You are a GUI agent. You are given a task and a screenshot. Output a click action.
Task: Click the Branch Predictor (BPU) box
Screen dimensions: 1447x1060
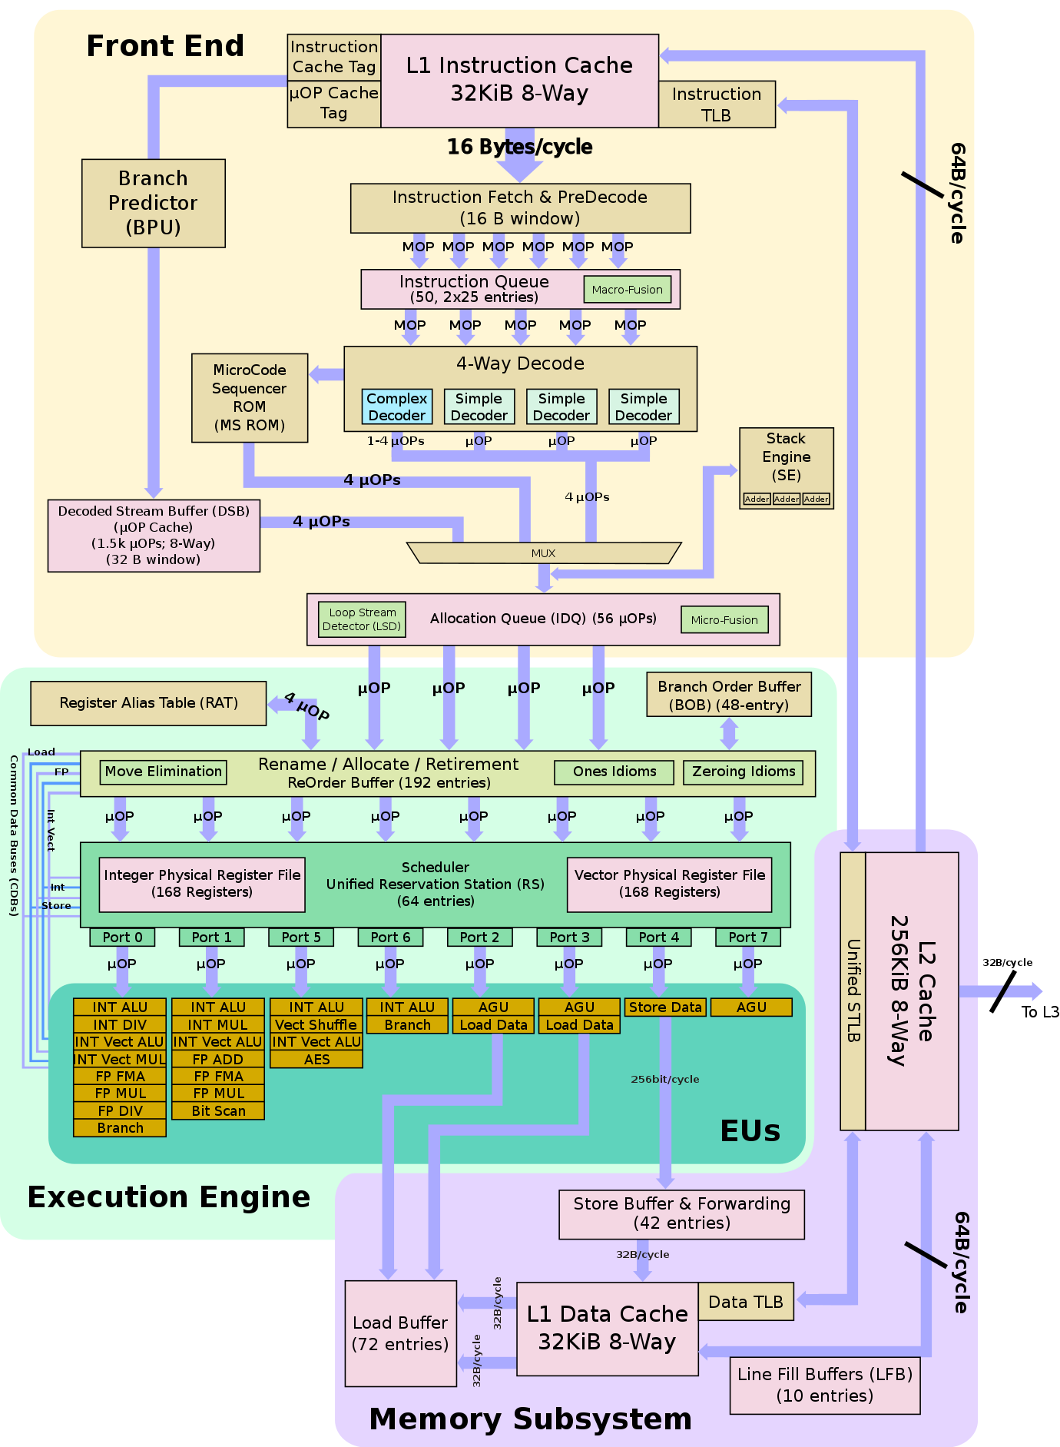[x=153, y=203]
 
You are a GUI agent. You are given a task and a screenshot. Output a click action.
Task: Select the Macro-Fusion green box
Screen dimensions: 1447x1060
[x=627, y=290]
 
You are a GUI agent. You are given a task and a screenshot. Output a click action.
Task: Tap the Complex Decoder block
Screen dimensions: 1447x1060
[x=396, y=407]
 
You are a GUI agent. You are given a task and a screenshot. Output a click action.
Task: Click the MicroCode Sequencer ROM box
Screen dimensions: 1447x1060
[x=249, y=397]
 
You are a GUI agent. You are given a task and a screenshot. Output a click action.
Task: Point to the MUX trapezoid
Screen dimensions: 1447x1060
[x=543, y=553]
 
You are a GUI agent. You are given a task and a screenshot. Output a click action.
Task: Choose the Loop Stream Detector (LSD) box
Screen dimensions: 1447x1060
[x=362, y=619]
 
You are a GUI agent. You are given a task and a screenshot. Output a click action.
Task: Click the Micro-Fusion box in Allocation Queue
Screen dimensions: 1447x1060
[x=724, y=620]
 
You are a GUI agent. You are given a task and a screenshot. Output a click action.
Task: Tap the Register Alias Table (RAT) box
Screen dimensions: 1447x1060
[x=148, y=703]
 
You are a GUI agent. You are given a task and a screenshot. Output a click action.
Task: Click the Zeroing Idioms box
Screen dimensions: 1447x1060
[x=743, y=772]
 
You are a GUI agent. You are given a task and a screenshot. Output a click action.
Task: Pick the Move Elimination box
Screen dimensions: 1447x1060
[x=163, y=772]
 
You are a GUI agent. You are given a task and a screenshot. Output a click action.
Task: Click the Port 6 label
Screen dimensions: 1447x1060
[x=390, y=938]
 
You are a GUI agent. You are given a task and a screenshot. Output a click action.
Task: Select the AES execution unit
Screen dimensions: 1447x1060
[x=316, y=1060]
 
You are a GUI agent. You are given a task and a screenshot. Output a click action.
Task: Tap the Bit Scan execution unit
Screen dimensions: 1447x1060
[x=218, y=1111]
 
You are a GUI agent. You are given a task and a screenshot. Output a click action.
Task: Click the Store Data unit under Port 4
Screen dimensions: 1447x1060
[x=665, y=1007]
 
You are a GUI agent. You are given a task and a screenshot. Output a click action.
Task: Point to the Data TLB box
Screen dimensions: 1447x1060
[x=745, y=1302]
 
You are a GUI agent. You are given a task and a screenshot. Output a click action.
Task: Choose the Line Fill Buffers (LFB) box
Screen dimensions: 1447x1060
[x=824, y=1385]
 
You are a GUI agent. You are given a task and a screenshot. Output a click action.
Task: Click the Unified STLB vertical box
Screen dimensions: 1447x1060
[x=853, y=991]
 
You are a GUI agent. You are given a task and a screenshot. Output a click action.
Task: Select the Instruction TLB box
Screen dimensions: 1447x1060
[x=716, y=105]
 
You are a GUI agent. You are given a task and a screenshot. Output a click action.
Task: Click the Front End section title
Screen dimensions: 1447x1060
[x=165, y=46]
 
